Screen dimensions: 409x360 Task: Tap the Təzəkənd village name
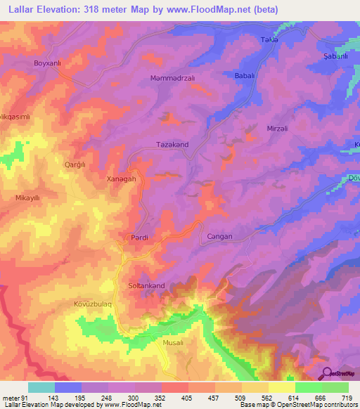(x=172, y=144)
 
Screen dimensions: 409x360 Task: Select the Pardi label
(x=138, y=238)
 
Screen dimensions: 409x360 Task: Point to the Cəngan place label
(x=219, y=238)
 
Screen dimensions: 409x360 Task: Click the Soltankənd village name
(x=146, y=286)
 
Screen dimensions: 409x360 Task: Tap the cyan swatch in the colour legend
(x=41, y=387)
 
